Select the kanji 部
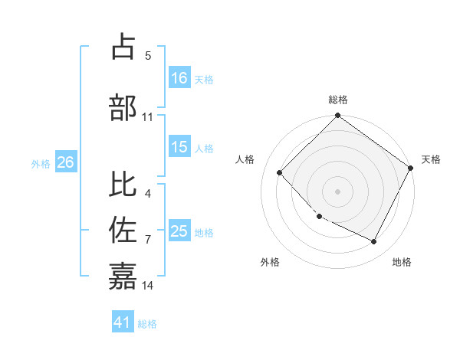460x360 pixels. tap(123, 106)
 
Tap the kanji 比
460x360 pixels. tap(123, 184)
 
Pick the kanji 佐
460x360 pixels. tap(123, 230)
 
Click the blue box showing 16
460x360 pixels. tap(179, 78)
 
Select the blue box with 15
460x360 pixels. tap(179, 148)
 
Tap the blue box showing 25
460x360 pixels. tap(179, 231)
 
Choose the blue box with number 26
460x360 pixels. tap(65, 162)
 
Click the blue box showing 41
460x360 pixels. tap(123, 322)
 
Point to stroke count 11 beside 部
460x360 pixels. tap(148, 117)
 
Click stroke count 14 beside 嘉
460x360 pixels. tap(148, 286)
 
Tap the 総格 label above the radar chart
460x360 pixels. tap(338, 100)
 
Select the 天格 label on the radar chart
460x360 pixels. tap(431, 159)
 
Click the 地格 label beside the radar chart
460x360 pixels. tap(402, 262)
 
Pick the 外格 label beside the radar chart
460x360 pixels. tap(270, 262)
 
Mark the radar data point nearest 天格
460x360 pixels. tap(410, 168)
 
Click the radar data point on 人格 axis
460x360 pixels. tap(280, 172)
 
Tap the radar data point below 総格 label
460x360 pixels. tap(337, 116)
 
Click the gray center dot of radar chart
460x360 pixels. tap(337, 191)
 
